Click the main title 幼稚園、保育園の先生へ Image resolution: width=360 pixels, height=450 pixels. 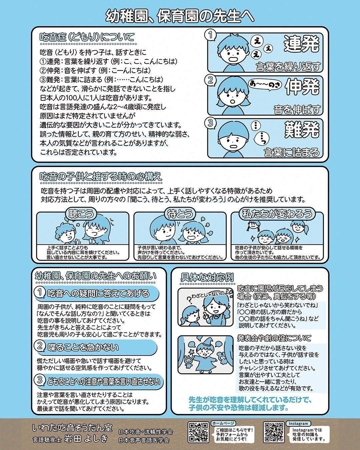pyautogui.click(x=180, y=15)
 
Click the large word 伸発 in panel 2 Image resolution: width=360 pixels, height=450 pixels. pyautogui.click(x=302, y=87)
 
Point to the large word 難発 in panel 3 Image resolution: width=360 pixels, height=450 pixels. pyautogui.click(x=302, y=130)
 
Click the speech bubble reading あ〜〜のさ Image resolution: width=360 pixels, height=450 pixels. pyautogui.click(x=265, y=85)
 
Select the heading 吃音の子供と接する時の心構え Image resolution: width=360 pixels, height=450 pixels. pyautogui.click(x=101, y=176)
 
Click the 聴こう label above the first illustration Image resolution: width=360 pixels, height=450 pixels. pyautogui.click(x=81, y=213)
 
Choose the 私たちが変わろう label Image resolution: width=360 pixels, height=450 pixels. pyautogui.click(x=277, y=213)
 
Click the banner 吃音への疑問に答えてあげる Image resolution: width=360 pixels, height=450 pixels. pyautogui.click(x=98, y=294)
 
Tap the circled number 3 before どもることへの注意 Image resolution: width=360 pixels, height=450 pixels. pyautogui.click(x=40, y=380)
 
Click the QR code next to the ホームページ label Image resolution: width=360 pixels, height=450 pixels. pyautogui.click(x=198, y=432)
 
